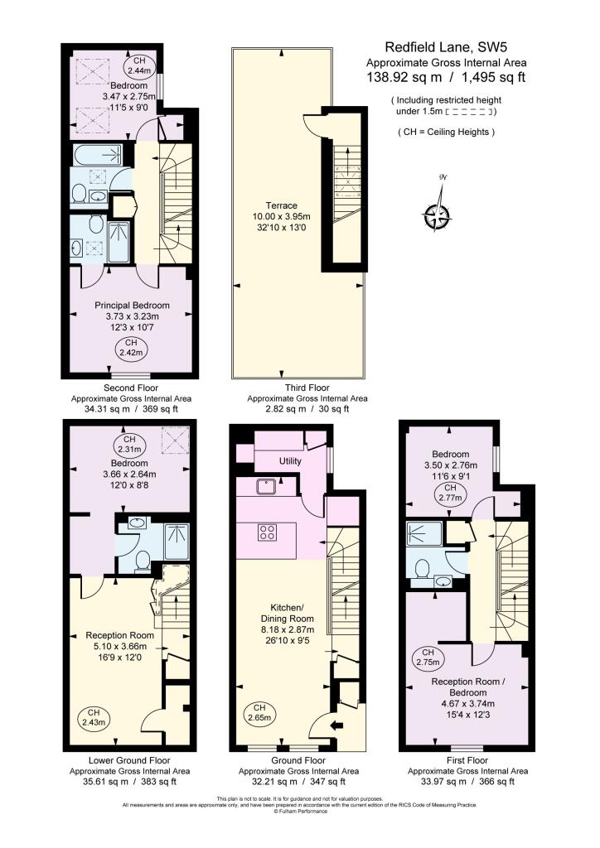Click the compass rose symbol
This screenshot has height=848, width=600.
(x=437, y=216)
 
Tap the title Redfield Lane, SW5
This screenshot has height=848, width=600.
(x=446, y=47)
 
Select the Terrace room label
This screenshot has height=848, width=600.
(x=281, y=205)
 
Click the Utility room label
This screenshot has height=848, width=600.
(x=290, y=461)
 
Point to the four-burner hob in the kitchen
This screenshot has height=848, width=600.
(x=267, y=532)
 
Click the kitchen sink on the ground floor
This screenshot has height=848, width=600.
(x=268, y=487)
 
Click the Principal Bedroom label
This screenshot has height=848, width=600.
(x=132, y=306)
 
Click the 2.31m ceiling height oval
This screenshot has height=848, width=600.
(x=129, y=445)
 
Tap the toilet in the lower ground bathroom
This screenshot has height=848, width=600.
(x=143, y=561)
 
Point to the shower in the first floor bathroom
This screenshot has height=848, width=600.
(x=424, y=534)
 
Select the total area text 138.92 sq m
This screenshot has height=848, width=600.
(x=404, y=77)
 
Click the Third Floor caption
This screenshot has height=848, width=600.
(x=307, y=388)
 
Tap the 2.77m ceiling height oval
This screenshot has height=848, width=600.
(x=450, y=494)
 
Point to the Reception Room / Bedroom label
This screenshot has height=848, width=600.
(x=468, y=687)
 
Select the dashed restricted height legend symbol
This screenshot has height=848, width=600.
(x=468, y=112)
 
